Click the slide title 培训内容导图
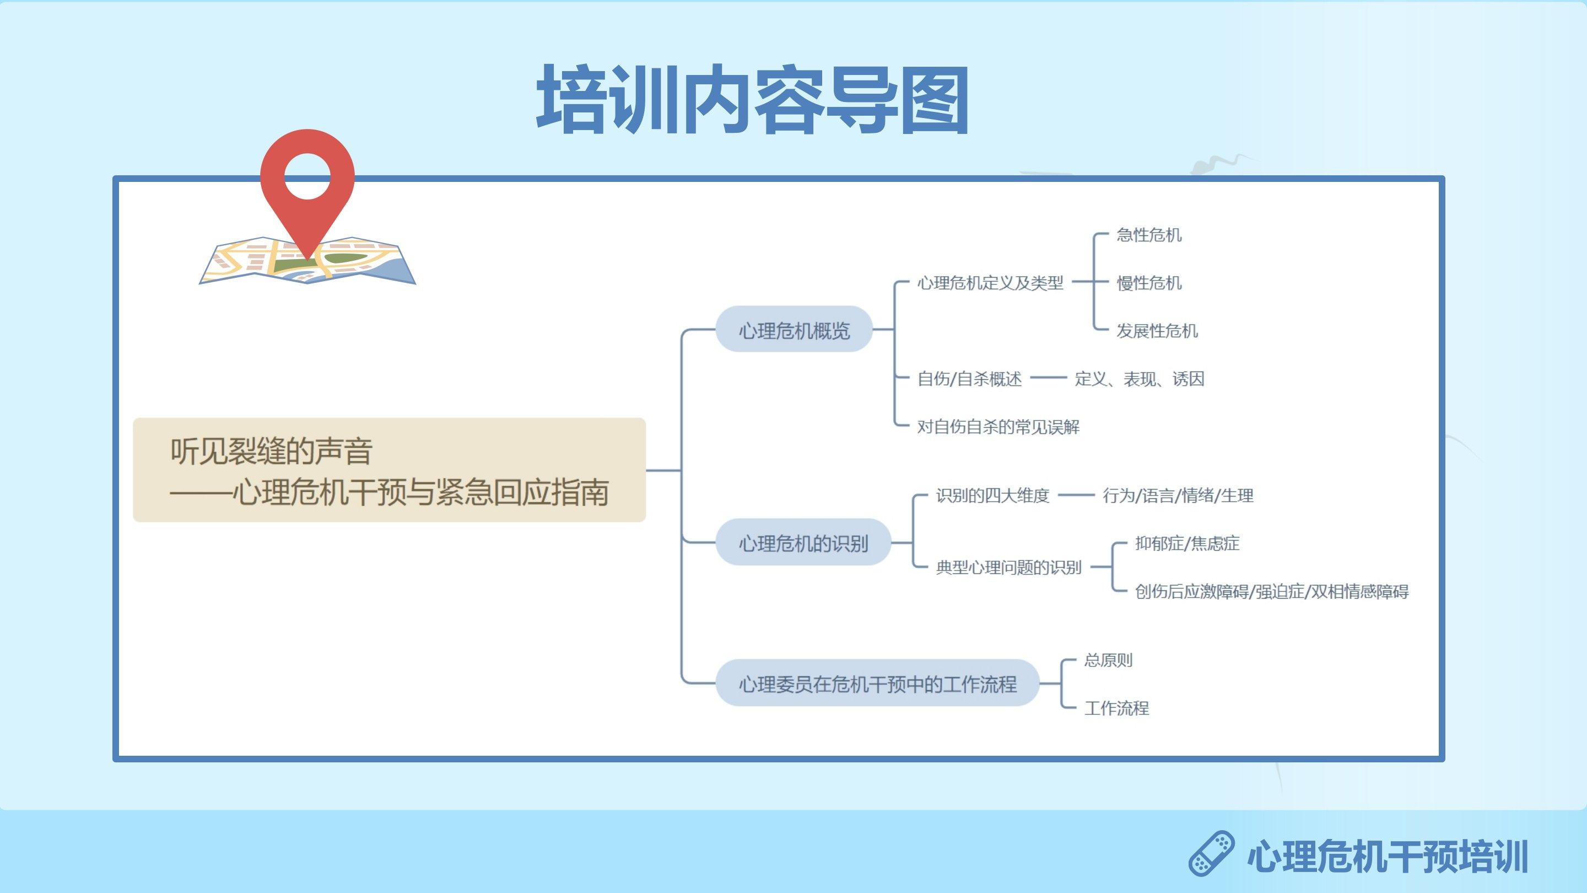tap(752, 100)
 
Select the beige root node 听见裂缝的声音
tap(390, 470)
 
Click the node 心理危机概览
tap(794, 330)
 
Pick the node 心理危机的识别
tap(803, 542)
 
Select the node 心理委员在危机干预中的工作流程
tap(877, 683)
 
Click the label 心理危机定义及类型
tap(990, 283)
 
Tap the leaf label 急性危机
tap(1149, 235)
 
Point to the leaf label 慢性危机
tap(1149, 283)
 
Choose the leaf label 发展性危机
tap(1157, 331)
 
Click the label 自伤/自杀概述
tap(969, 378)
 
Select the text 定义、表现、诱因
tap(1139, 378)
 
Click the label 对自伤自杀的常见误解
tap(998, 427)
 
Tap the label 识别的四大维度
tap(992, 496)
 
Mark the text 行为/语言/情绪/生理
tap(1178, 496)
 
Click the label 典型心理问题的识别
tap(1008, 567)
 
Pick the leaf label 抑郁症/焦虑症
tap(1187, 543)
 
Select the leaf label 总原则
tap(1108, 660)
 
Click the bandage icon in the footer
tap(1211, 853)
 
